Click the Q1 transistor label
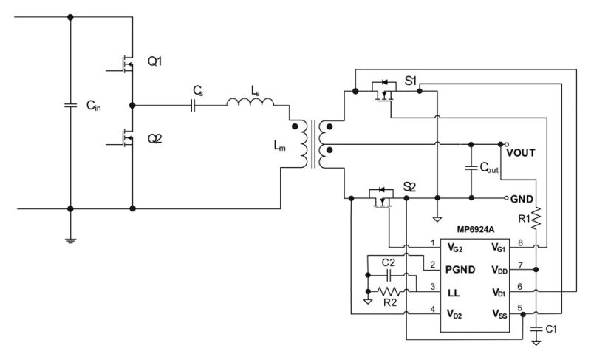coord(154,61)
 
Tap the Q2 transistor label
coord(154,139)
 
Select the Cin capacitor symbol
coord(70,105)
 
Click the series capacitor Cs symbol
coord(193,106)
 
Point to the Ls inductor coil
coord(250,102)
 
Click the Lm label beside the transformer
coord(279,146)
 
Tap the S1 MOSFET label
coord(411,81)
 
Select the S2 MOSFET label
coord(409,187)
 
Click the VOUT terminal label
coord(521,153)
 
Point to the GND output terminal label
coord(522,199)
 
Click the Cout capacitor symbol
coord(471,167)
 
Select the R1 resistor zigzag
coord(536,218)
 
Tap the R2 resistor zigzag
coord(389,291)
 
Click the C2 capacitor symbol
coord(389,276)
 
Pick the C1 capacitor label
coord(550,330)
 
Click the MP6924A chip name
coord(476,230)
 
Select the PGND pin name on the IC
coord(460,270)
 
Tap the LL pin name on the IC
coord(454,293)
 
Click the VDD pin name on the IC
coord(499,271)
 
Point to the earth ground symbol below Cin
coord(70,240)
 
